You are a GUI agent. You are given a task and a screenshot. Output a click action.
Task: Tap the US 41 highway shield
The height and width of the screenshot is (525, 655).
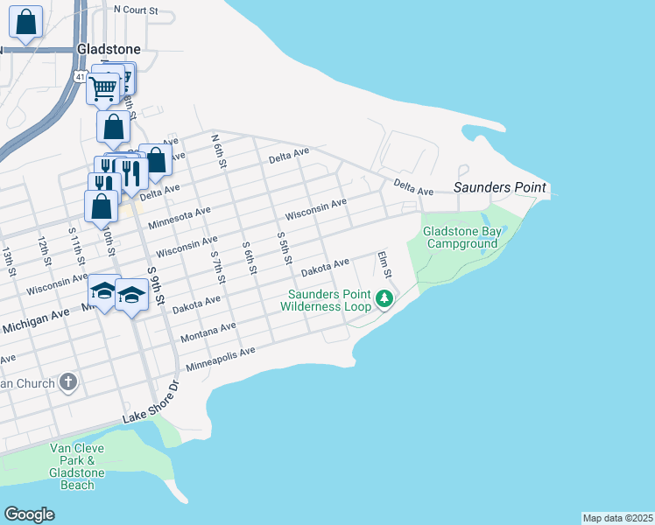click(80, 78)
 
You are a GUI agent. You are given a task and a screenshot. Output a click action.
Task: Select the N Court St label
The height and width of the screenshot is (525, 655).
click(136, 10)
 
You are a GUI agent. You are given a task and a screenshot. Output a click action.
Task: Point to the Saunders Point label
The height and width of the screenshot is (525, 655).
click(499, 187)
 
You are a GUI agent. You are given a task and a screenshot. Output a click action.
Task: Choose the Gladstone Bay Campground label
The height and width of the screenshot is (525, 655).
click(460, 237)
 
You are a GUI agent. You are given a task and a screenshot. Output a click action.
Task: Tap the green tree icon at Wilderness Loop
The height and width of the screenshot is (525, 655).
click(384, 299)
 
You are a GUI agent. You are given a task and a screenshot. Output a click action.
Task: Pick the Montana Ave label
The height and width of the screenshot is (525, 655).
click(208, 332)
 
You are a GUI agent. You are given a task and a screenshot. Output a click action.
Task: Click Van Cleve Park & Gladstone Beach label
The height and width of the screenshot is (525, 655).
click(77, 466)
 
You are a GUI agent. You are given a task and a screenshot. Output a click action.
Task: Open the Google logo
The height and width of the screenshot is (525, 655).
click(29, 514)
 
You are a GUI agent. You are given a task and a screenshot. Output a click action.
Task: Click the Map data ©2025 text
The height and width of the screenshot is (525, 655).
click(617, 518)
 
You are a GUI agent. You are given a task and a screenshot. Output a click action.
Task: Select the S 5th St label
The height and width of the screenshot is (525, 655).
click(282, 248)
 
